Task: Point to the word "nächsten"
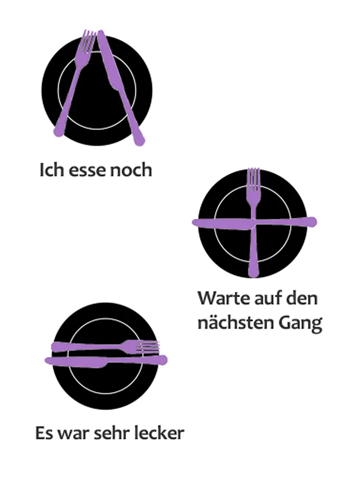[235, 323]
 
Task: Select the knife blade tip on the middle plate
[194, 223]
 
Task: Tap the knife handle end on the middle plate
[313, 222]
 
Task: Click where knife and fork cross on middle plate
[254, 223]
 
